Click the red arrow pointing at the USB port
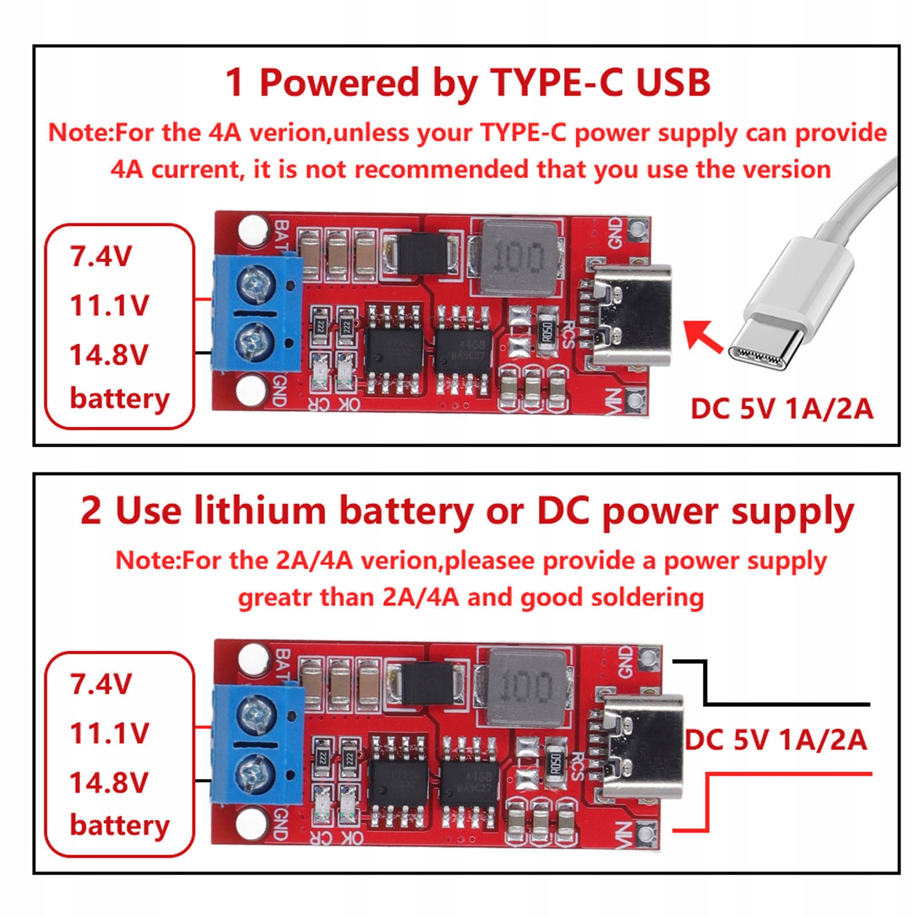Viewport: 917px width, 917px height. [x=703, y=336]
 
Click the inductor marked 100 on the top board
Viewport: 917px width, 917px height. [x=518, y=258]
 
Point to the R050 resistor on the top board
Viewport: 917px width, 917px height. [x=546, y=332]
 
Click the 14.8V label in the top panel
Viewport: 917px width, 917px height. [x=109, y=355]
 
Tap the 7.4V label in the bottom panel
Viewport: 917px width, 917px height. [x=101, y=684]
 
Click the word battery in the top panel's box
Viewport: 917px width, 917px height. [x=120, y=399]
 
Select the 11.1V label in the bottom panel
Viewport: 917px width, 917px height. [x=109, y=733]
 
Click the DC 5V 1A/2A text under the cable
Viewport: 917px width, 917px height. [x=782, y=409]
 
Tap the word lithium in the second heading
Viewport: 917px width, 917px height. [x=259, y=510]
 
